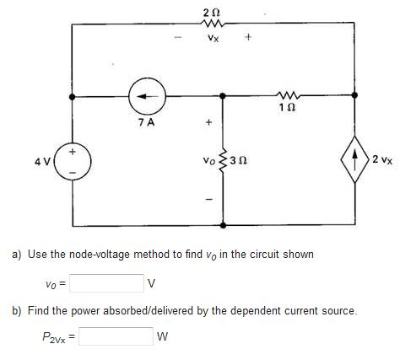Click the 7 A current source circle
(148, 96)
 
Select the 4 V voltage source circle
(73, 161)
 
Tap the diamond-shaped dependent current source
(355, 159)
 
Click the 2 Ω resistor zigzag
(213, 24)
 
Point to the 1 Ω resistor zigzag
(289, 95)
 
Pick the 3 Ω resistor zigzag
(223, 161)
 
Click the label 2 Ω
(212, 13)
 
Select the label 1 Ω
(288, 107)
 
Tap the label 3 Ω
(239, 161)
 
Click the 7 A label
(147, 122)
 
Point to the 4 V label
(42, 162)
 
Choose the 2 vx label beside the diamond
(382, 160)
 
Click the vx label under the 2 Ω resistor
(213, 38)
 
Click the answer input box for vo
(106, 283)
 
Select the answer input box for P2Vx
(116, 336)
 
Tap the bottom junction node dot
(223, 225)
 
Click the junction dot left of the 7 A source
(73, 97)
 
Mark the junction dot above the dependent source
(354, 95)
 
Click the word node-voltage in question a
(100, 255)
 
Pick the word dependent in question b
(254, 311)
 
